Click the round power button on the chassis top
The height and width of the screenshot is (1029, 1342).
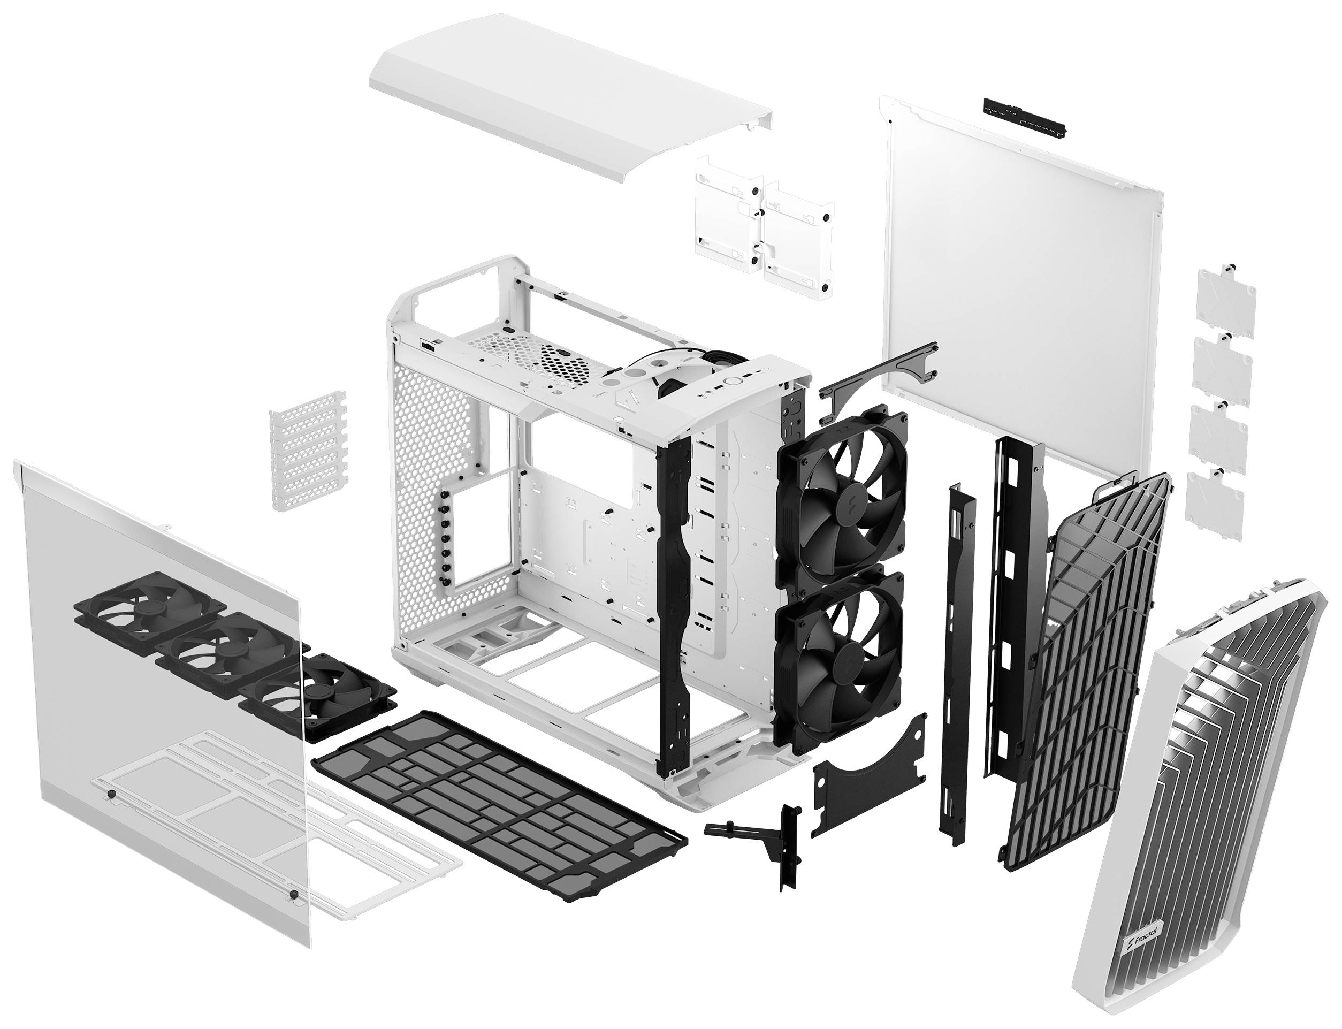tap(731, 380)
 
